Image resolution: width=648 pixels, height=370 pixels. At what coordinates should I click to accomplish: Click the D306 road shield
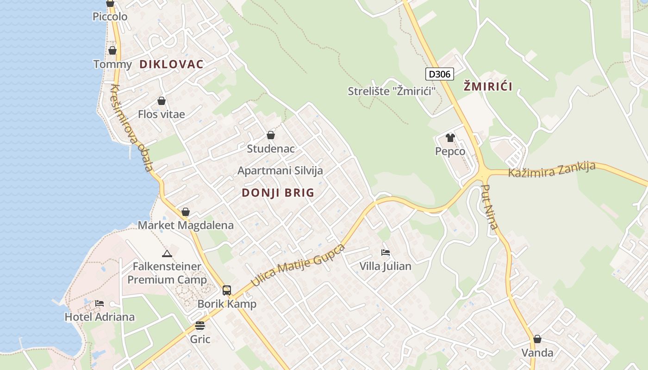[439, 74]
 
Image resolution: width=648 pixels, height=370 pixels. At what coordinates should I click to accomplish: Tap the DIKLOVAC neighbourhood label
[171, 64]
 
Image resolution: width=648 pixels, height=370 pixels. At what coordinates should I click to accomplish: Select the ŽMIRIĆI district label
[488, 86]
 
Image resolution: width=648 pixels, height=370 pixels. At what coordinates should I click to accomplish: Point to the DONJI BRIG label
[278, 193]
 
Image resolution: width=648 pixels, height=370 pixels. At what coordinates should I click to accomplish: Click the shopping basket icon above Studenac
[271, 135]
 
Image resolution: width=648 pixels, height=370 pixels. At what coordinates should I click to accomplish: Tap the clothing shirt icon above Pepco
[450, 137]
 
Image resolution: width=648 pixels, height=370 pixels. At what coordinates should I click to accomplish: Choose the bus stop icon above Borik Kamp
[226, 290]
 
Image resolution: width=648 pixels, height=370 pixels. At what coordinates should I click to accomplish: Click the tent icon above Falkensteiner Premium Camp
[167, 253]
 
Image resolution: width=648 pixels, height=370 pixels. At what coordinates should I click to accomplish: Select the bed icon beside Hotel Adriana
[100, 303]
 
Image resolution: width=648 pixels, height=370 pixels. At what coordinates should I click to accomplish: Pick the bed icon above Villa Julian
[385, 253]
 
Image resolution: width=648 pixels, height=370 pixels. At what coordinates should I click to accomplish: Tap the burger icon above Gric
[200, 326]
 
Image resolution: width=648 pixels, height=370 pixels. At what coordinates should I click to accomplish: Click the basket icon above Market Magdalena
[186, 212]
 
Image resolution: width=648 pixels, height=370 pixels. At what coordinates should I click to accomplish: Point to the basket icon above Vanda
[537, 339]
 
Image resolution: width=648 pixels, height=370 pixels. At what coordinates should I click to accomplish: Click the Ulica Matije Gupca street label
[298, 265]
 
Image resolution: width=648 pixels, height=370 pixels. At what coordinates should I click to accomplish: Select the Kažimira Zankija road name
[551, 169]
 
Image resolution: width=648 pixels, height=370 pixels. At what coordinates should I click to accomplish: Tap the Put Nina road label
[490, 207]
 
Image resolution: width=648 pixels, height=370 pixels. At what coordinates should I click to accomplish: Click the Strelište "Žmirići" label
[392, 91]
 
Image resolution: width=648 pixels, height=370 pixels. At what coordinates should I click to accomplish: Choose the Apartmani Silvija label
[280, 171]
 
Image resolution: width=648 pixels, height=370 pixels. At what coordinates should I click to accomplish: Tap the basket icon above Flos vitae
[162, 101]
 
